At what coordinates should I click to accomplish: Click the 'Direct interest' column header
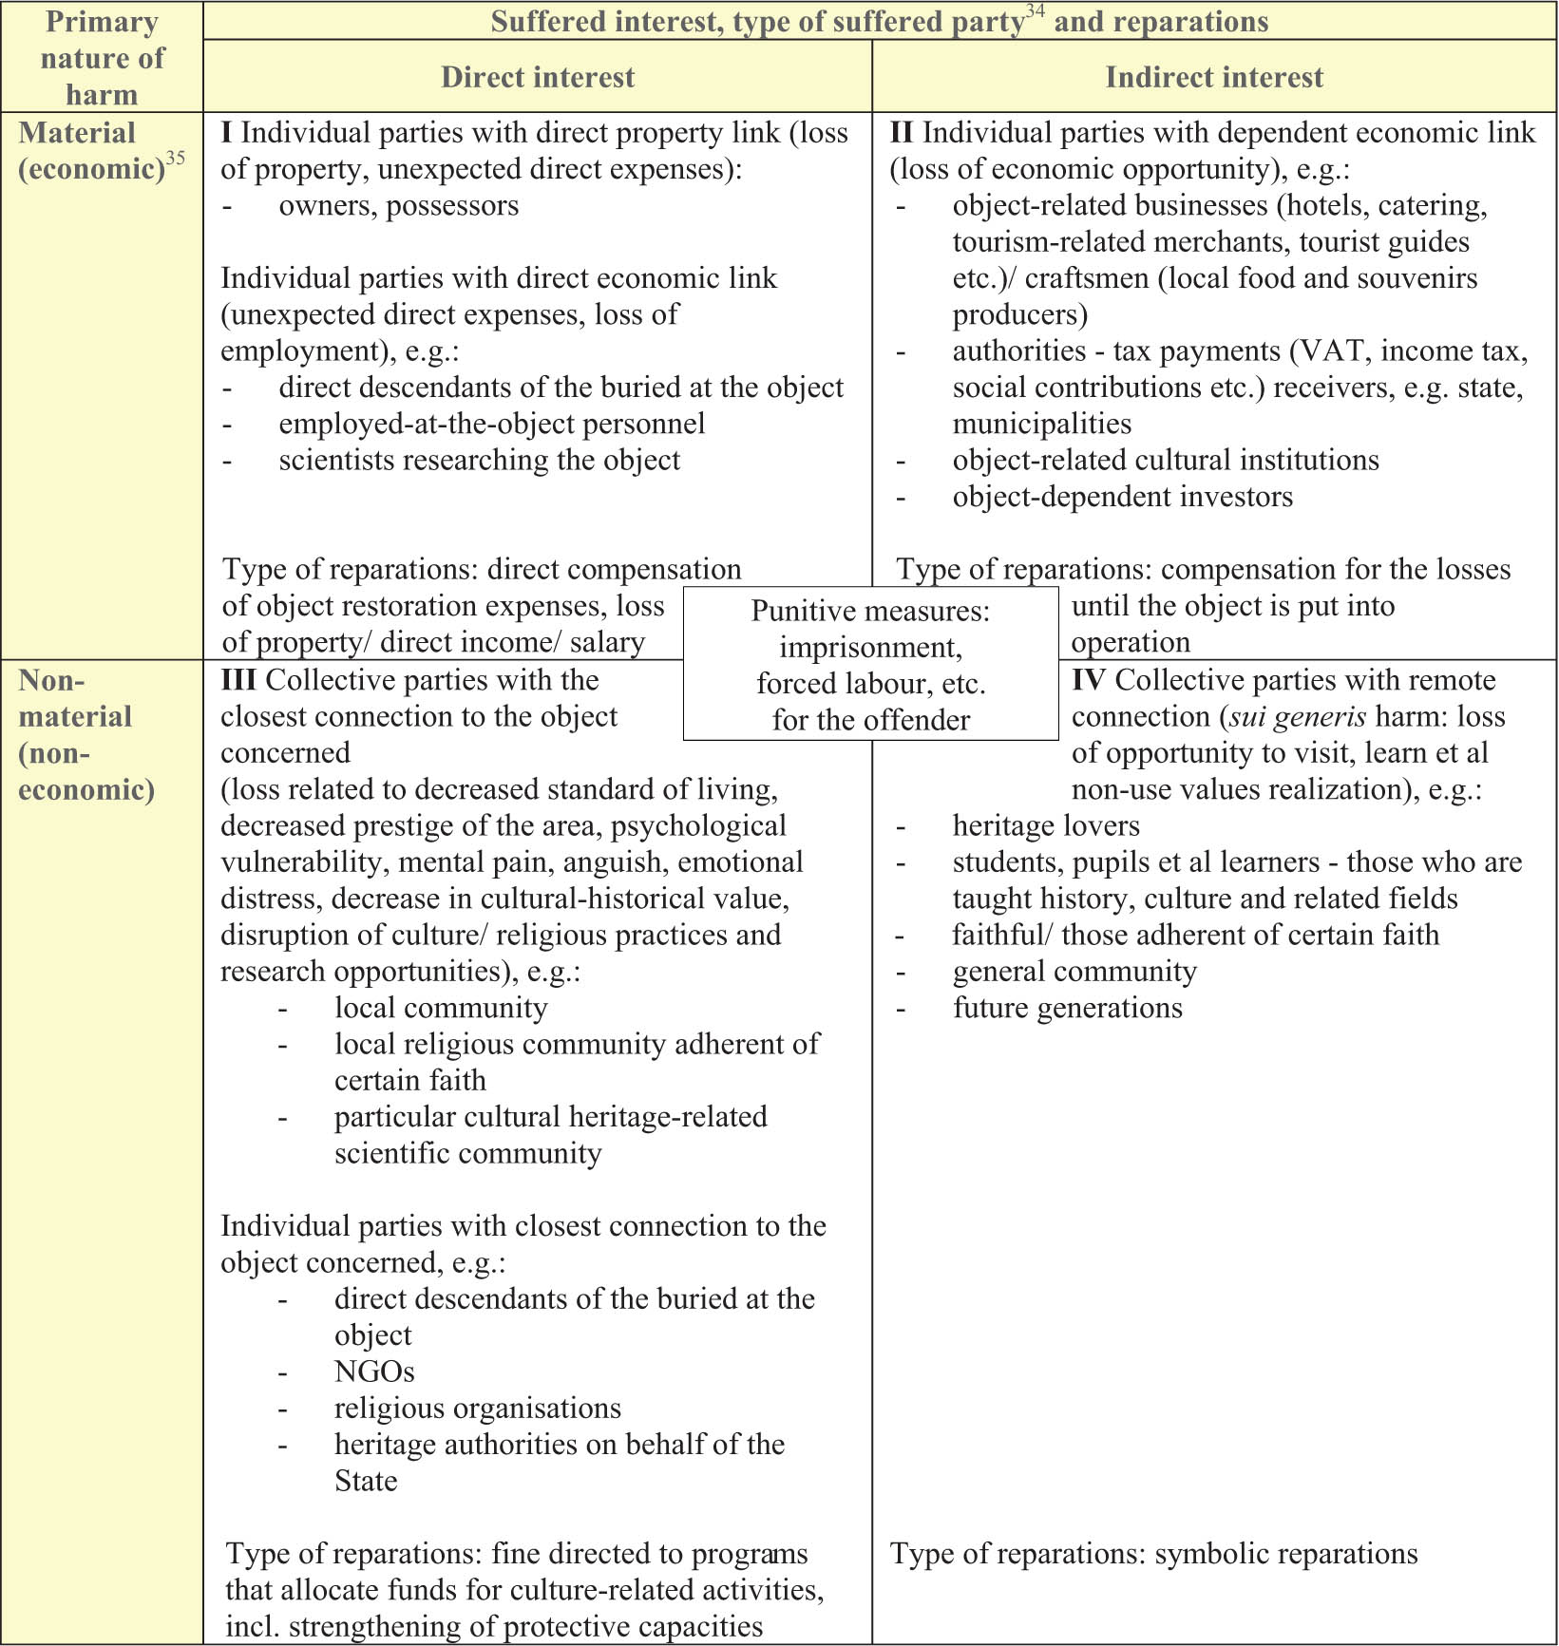coord(538,77)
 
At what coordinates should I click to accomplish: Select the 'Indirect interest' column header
coord(1213,77)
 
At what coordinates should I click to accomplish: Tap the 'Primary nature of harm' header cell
coord(102,58)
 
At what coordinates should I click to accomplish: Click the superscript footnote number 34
coord(1036,11)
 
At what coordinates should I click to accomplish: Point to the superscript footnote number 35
coord(176,159)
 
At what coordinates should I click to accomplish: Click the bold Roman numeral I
coord(226,133)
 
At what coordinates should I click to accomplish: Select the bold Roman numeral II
coord(901,133)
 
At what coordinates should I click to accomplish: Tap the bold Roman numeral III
coord(238,680)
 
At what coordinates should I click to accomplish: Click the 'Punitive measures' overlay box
coord(870,664)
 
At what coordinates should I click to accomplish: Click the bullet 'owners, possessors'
coord(398,205)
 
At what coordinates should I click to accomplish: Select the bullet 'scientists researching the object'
coord(479,460)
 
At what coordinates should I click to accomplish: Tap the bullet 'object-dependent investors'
coord(1122,497)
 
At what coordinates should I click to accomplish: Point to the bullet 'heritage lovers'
coord(1045,825)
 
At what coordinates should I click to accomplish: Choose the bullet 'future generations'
coord(1067,1007)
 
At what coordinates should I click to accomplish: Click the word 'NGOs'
coord(374,1372)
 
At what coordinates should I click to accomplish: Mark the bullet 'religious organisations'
coord(477,1408)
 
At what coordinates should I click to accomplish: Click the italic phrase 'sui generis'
coord(1298,716)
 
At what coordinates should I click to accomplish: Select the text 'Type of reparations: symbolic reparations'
coord(1153,1554)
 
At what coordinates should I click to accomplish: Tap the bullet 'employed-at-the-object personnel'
coord(491,424)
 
